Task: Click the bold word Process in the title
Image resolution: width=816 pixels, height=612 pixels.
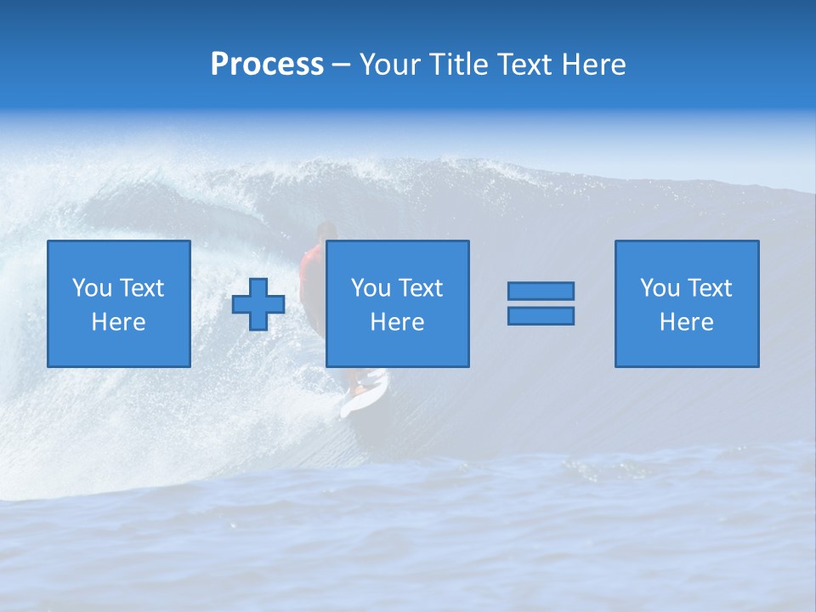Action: tap(267, 65)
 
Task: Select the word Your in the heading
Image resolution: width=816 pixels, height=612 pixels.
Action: tap(391, 65)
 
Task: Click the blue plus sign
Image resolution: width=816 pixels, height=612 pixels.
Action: tap(258, 304)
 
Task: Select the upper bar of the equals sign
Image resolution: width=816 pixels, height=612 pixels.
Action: tap(541, 291)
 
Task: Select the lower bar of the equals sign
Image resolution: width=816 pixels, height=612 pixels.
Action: tap(541, 316)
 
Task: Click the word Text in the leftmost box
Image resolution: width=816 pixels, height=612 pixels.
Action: tap(142, 288)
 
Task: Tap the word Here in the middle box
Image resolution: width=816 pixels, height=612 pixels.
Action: tap(398, 322)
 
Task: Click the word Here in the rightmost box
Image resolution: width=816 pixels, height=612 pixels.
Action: tap(687, 322)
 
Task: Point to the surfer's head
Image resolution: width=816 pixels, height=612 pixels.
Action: tap(326, 230)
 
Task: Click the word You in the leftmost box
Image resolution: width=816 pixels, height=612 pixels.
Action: tap(92, 288)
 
